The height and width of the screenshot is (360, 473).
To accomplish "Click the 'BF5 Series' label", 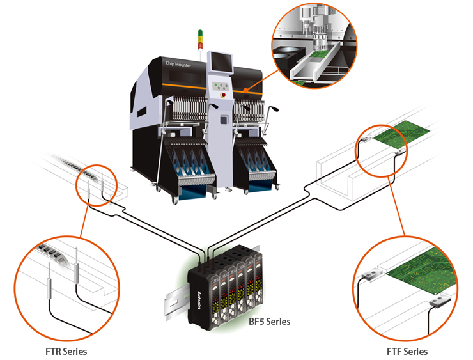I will click(x=269, y=321).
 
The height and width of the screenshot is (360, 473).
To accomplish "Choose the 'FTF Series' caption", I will click(x=407, y=352).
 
